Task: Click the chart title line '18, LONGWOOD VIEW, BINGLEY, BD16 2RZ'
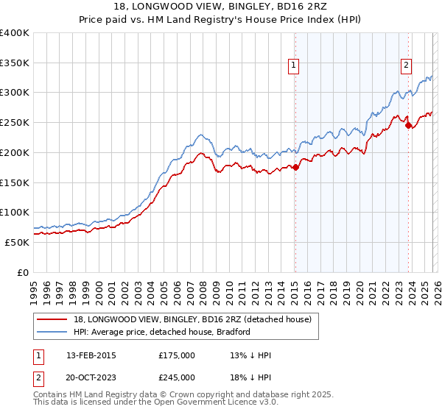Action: (220, 7)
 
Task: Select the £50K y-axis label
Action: (17, 242)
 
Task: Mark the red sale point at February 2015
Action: (295, 168)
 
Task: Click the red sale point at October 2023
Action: (408, 126)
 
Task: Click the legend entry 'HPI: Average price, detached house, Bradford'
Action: (162, 332)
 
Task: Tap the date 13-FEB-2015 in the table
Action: (91, 355)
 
